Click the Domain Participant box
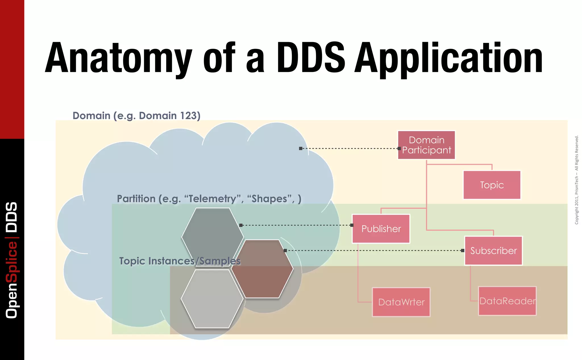pos(426,145)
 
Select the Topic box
pos(492,185)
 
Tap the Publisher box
pos(381,229)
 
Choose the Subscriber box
pos(493,251)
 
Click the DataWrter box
pos(401,302)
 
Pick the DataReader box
pos(507,301)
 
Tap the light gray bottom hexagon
pos(212,299)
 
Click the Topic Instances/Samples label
pos(180,261)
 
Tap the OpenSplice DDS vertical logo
pos(12,260)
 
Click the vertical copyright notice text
pos(576,180)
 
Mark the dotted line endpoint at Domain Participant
pos(399,148)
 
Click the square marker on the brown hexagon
pos(285,251)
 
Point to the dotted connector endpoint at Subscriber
pos(463,251)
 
